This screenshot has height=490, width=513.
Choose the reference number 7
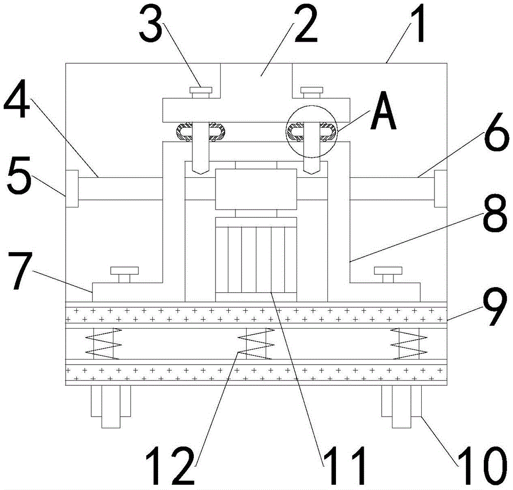[x=22, y=271]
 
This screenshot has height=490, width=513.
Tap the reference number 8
[x=494, y=213]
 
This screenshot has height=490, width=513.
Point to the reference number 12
[x=170, y=465]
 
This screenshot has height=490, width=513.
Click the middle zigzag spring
[x=256, y=344]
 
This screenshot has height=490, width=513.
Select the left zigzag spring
[x=104, y=344]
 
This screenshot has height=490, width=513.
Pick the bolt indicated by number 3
[x=201, y=92]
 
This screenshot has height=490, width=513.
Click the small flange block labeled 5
[x=72, y=189]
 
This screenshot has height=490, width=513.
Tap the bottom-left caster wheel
[x=111, y=406]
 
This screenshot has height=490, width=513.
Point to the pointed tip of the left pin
[x=200, y=174]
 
